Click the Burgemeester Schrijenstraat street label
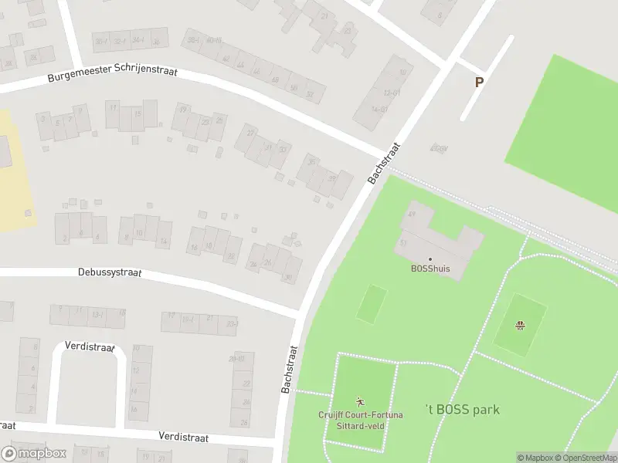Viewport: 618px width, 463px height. [x=112, y=75]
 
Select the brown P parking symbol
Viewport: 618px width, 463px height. [x=479, y=82]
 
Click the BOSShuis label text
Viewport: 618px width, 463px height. [x=430, y=269]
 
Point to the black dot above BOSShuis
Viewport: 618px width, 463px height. [x=430, y=259]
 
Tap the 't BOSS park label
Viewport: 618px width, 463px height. [x=463, y=409]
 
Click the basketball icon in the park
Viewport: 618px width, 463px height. [x=521, y=324]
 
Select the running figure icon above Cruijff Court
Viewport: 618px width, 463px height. [x=360, y=401]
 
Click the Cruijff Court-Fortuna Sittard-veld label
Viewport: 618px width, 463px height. [x=361, y=420]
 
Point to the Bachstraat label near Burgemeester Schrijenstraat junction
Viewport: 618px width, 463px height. [x=385, y=162]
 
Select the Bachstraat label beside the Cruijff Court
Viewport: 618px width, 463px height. [x=290, y=369]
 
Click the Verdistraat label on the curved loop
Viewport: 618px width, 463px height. [x=90, y=346]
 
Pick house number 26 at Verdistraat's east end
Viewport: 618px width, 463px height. [x=244, y=421]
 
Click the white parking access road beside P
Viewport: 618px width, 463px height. [x=487, y=77]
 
